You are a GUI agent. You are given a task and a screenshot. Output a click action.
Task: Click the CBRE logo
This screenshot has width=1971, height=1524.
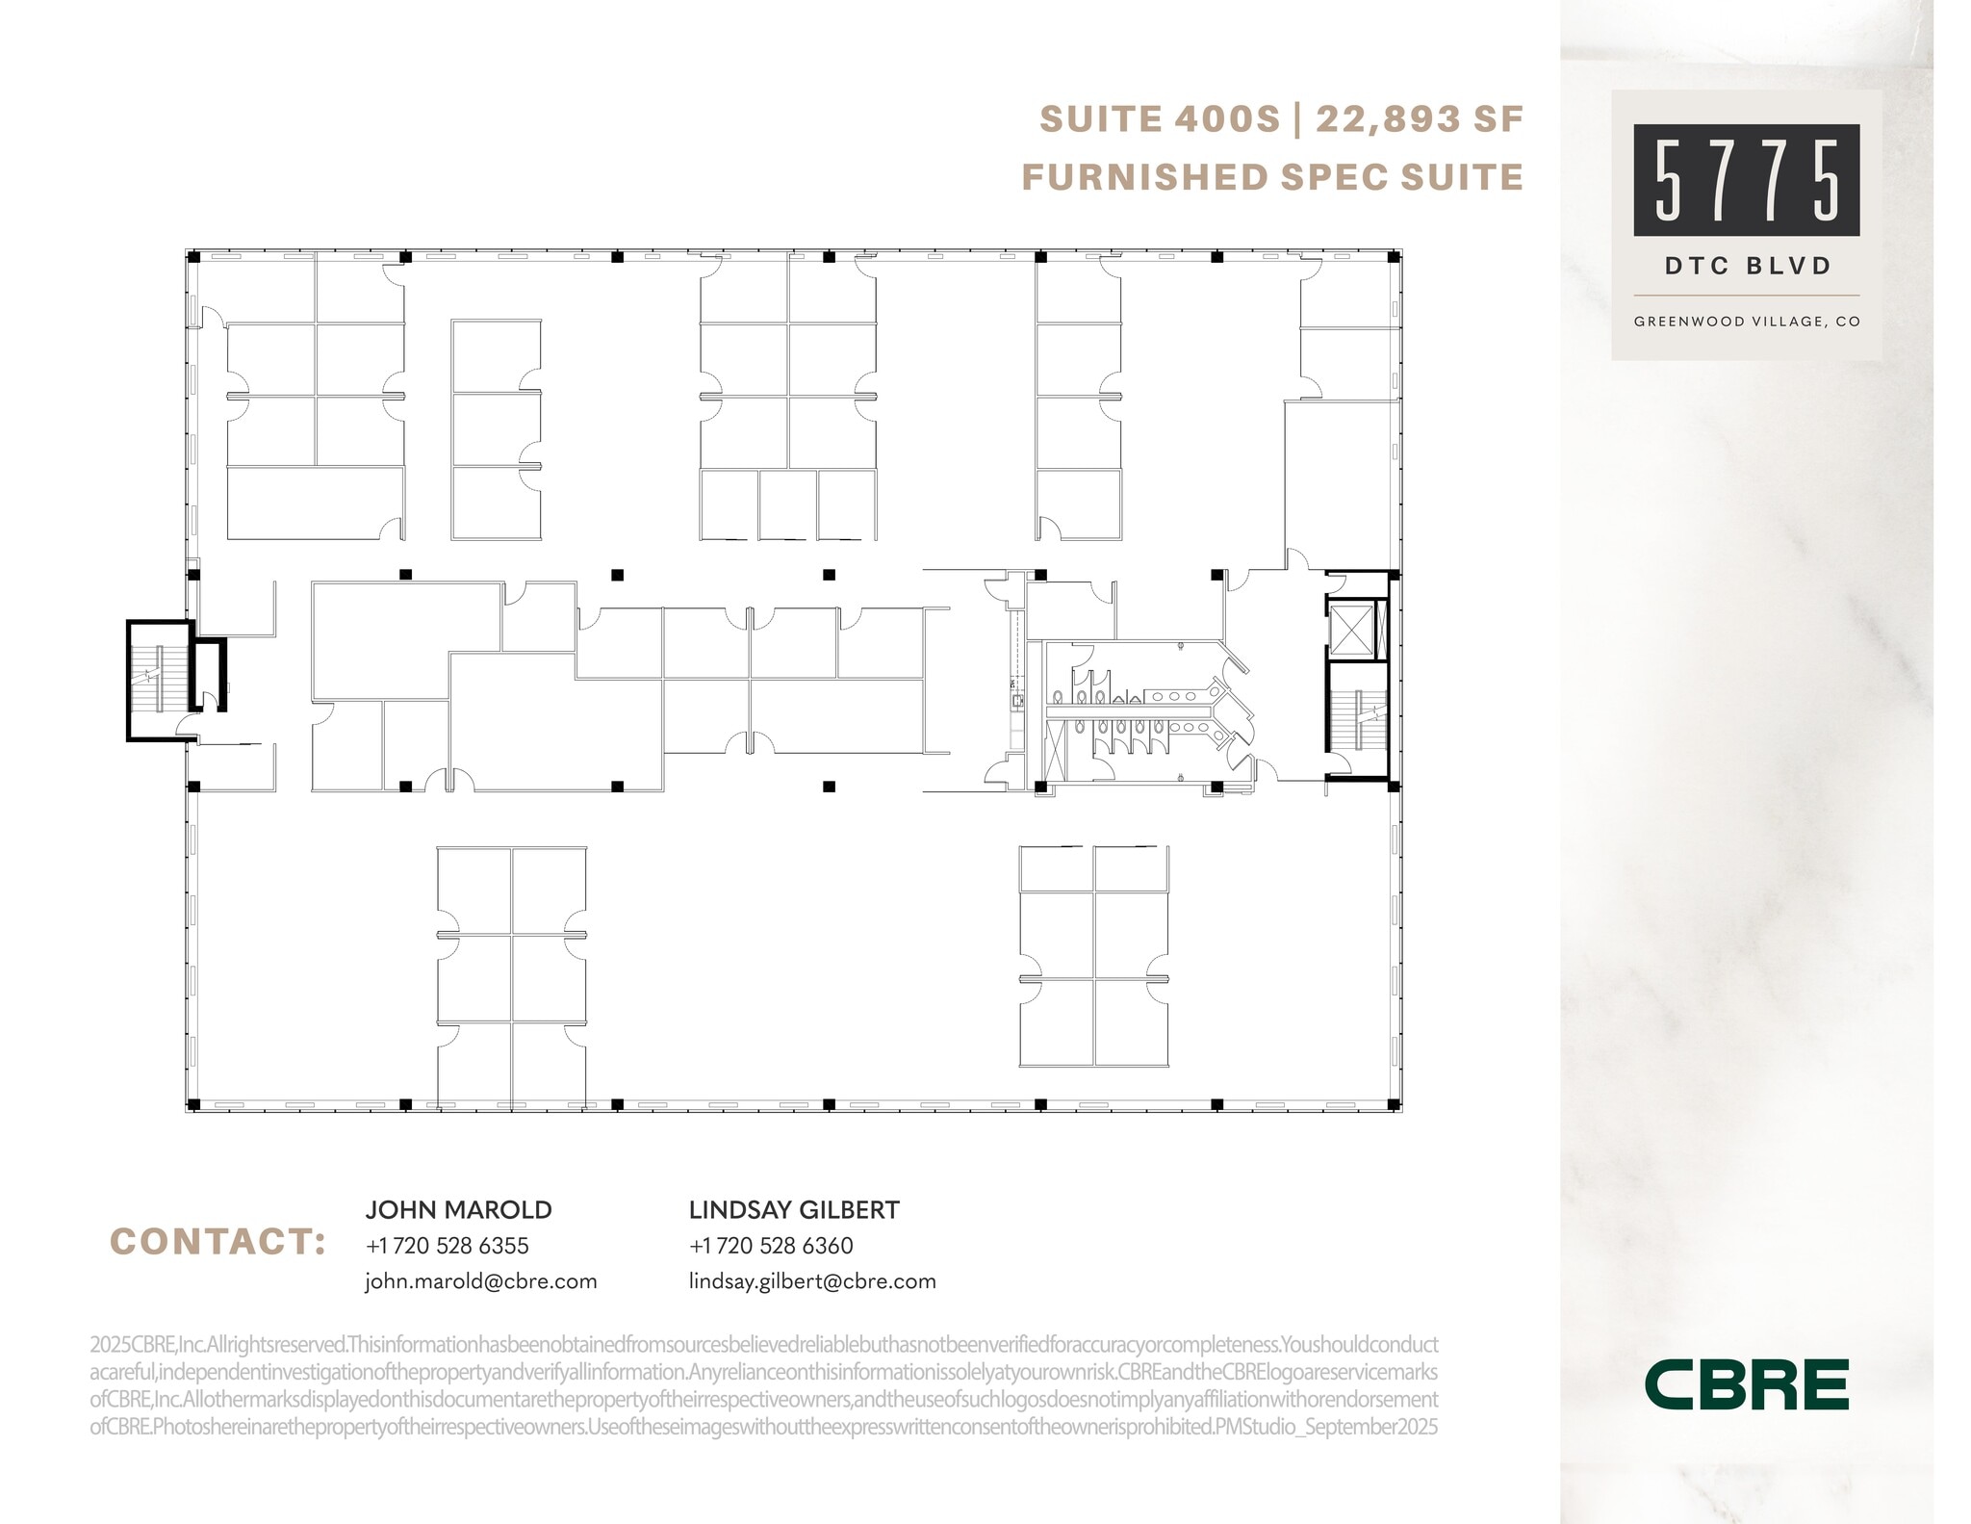tap(1746, 1384)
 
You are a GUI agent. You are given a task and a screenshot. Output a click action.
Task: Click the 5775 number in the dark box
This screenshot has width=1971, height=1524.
tap(1746, 180)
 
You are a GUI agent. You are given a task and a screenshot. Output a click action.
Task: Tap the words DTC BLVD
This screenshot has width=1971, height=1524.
tap(1747, 266)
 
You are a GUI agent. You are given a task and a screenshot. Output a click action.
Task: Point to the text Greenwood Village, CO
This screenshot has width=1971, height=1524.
tap(1747, 322)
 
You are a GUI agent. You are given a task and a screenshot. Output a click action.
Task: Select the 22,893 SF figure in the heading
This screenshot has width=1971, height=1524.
tap(1420, 119)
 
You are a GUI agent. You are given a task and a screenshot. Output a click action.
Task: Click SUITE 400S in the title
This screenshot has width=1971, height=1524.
tap(1160, 119)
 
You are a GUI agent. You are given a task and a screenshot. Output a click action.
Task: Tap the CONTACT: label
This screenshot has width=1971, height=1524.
tap(218, 1242)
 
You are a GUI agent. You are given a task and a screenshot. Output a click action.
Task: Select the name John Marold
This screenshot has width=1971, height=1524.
tap(458, 1210)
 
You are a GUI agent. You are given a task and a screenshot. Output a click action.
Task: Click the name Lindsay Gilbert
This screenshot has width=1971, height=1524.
tap(794, 1210)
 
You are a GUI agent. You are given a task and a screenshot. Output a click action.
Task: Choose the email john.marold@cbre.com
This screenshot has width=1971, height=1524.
tap(480, 1281)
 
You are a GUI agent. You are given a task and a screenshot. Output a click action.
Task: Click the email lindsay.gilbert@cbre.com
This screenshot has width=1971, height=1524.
tap(812, 1281)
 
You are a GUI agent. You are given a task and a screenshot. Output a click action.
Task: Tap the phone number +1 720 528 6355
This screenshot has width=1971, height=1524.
tap(447, 1246)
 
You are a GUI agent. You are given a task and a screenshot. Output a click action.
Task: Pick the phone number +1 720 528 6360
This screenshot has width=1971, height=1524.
tap(771, 1246)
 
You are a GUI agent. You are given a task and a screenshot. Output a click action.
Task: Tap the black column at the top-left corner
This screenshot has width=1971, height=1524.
tap(193, 257)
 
